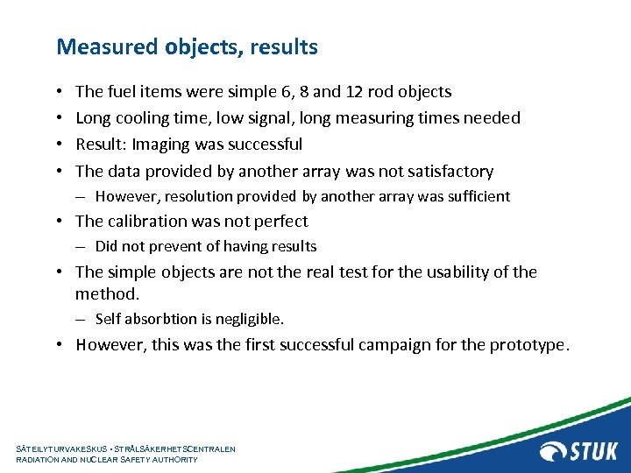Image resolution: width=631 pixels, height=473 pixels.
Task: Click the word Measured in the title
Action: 107,46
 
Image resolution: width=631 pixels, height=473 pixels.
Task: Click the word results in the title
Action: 284,46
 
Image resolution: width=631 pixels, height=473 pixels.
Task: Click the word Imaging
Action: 159,144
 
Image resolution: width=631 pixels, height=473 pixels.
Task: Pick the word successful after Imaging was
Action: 262,144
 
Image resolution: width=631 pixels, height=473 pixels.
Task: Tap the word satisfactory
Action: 444,171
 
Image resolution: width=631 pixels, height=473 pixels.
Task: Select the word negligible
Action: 252,319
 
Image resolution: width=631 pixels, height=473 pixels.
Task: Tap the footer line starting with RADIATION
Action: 107,459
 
